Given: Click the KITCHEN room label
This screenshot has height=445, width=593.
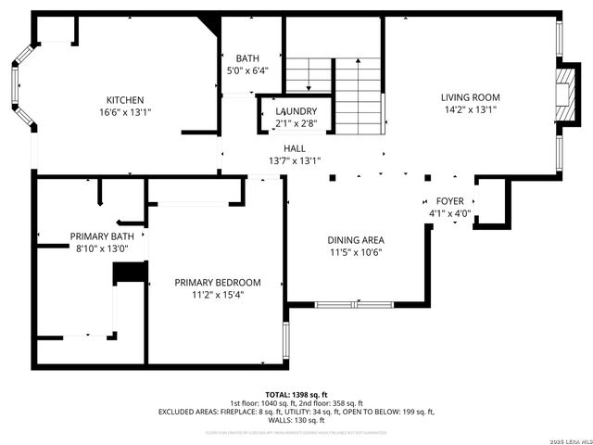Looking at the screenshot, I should pyautogui.click(x=125, y=100).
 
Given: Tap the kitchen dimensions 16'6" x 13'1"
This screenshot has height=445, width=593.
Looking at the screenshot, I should pyautogui.click(x=125, y=112).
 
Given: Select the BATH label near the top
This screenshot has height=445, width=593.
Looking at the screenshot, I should pyautogui.click(x=247, y=58).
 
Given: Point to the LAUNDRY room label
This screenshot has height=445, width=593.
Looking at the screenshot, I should pyautogui.click(x=296, y=111).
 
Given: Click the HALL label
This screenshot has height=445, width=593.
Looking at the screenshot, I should pyautogui.click(x=294, y=148).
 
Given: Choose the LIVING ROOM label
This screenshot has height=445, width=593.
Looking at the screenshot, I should pyautogui.click(x=470, y=97).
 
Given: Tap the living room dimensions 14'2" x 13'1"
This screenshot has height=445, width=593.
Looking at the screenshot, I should pyautogui.click(x=470, y=109).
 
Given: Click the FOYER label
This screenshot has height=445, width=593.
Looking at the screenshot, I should pyautogui.click(x=450, y=201).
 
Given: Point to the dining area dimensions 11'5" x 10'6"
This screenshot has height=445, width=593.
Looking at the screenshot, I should pyautogui.click(x=356, y=252).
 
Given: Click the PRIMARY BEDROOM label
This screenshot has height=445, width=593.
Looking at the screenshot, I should pyautogui.click(x=218, y=283).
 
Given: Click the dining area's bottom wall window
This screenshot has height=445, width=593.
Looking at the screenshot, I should pyautogui.click(x=354, y=303).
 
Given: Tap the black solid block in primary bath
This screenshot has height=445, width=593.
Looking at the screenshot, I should pyautogui.click(x=130, y=273).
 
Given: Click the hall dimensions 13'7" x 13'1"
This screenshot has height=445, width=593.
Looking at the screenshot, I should pyautogui.click(x=294, y=160).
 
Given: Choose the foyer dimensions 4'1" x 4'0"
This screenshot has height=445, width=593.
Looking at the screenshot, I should pyautogui.click(x=450, y=213).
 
